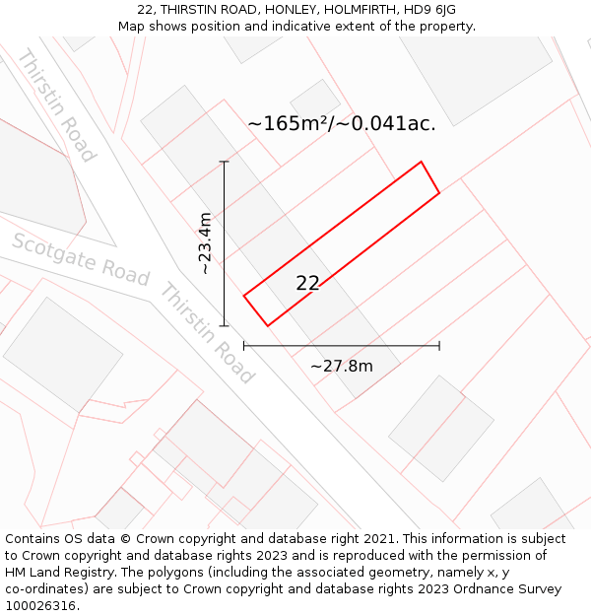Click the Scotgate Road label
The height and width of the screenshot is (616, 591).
click(81, 259)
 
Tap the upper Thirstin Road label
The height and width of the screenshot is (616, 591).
click(56, 105)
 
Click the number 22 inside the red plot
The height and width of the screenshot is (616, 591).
click(307, 283)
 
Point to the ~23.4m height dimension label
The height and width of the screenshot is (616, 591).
click(204, 243)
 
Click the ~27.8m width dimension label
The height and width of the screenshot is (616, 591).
click(341, 367)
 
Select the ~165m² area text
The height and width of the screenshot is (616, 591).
click(294, 123)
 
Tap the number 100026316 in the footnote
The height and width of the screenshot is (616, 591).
click(39, 606)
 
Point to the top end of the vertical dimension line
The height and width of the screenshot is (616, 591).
click(225, 162)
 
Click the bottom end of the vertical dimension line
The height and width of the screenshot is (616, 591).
click(225, 325)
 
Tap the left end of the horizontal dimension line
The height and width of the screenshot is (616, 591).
click(244, 346)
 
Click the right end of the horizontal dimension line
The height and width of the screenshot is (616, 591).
click(439, 346)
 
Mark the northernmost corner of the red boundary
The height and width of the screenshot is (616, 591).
click(422, 162)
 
